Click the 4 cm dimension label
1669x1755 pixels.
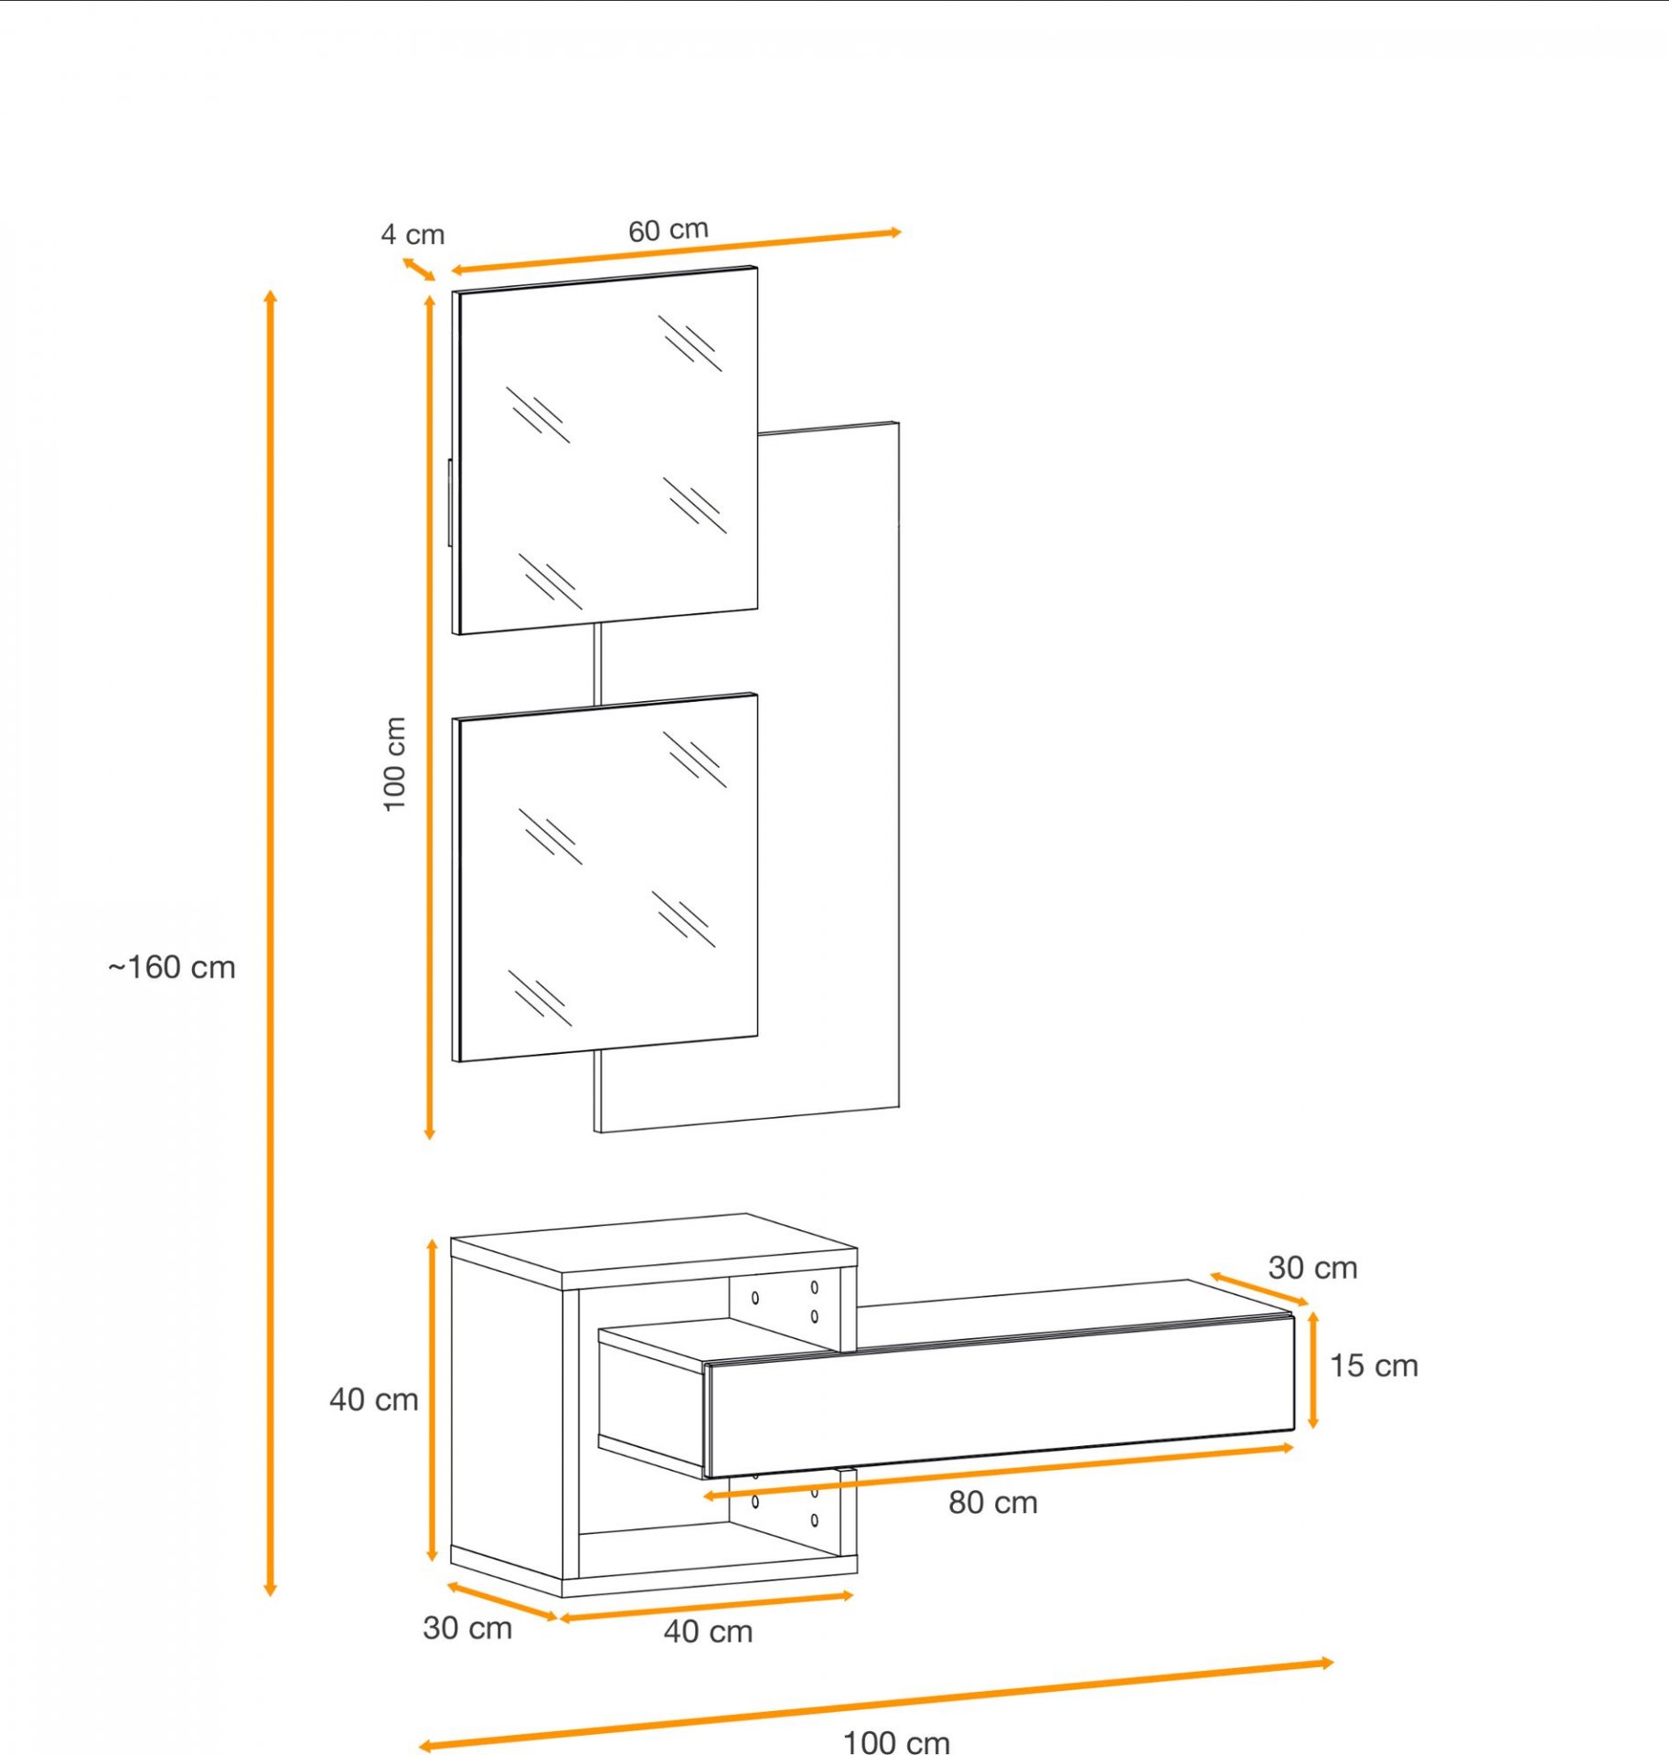pyautogui.click(x=412, y=235)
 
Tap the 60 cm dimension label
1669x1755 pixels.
pyautogui.click(x=669, y=229)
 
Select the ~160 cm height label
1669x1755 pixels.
pyautogui.click(x=172, y=967)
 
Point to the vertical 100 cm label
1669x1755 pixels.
pyautogui.click(x=394, y=763)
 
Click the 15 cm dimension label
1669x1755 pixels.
pyautogui.click(x=1374, y=1366)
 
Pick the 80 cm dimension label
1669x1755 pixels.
pyautogui.click(x=993, y=1502)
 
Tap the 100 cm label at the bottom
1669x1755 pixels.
pyautogui.click(x=896, y=1741)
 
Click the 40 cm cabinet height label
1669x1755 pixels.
pyautogui.click(x=374, y=1399)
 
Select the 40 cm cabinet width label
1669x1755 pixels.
pyautogui.click(x=708, y=1632)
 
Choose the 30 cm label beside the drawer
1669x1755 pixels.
pyautogui.click(x=1312, y=1268)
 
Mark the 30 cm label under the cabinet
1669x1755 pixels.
pyautogui.click(x=467, y=1628)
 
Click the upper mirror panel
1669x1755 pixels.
pyautogui.click(x=605, y=450)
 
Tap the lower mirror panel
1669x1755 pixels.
pyautogui.click(x=605, y=877)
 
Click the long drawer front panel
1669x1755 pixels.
pyautogui.click(x=1000, y=1395)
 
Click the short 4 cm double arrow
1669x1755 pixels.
pyautogui.click(x=419, y=270)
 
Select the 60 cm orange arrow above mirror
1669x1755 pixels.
pyautogui.click(x=677, y=251)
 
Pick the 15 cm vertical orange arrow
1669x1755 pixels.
pyautogui.click(x=1313, y=1370)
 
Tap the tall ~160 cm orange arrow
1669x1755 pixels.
pyautogui.click(x=270, y=942)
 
